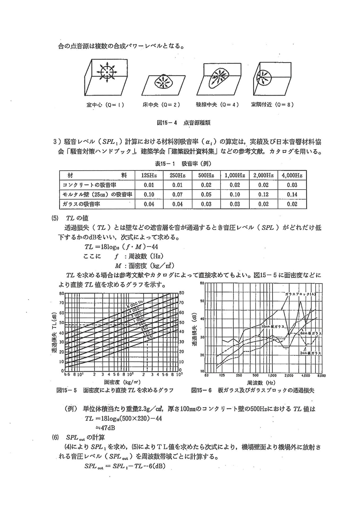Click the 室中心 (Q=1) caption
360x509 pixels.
[x=105, y=105]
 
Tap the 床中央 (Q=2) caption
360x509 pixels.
[x=161, y=105]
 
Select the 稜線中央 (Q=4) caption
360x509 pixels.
[x=217, y=105]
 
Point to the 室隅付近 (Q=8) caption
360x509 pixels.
[x=272, y=104]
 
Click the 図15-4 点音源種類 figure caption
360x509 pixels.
[x=184, y=123]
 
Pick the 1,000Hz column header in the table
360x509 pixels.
[x=235, y=175]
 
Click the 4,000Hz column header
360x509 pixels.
[x=292, y=175]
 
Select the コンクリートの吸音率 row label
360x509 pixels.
[x=89, y=185]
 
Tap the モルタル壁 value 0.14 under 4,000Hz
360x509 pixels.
[x=292, y=194]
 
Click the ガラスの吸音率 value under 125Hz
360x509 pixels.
[x=149, y=204]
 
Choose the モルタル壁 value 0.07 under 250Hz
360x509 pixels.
[x=177, y=194]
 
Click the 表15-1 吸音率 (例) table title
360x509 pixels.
[x=183, y=164]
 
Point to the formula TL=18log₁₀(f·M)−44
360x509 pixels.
[x=121, y=247]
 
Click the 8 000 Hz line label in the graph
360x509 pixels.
[x=135, y=305]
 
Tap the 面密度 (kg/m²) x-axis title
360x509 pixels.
[x=122, y=382]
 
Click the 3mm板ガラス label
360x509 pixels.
[x=310, y=353]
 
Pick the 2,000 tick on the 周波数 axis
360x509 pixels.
[x=289, y=375]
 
